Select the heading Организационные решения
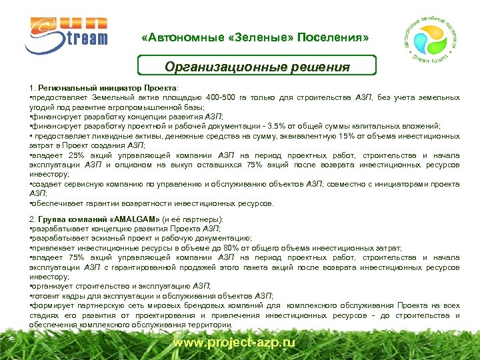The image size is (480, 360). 257,67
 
